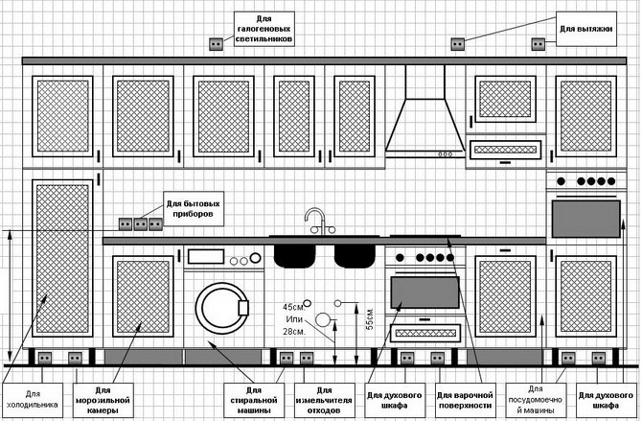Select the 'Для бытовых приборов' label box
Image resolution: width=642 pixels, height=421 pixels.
click(195, 209)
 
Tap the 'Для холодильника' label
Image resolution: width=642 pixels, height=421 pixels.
click(34, 399)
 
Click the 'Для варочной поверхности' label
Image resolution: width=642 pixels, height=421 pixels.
click(465, 400)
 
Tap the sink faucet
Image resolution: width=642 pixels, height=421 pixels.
click(317, 221)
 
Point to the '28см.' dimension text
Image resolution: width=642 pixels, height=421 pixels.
click(293, 332)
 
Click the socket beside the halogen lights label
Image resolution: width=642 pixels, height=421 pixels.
click(215, 43)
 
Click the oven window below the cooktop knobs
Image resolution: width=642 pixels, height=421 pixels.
click(424, 292)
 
